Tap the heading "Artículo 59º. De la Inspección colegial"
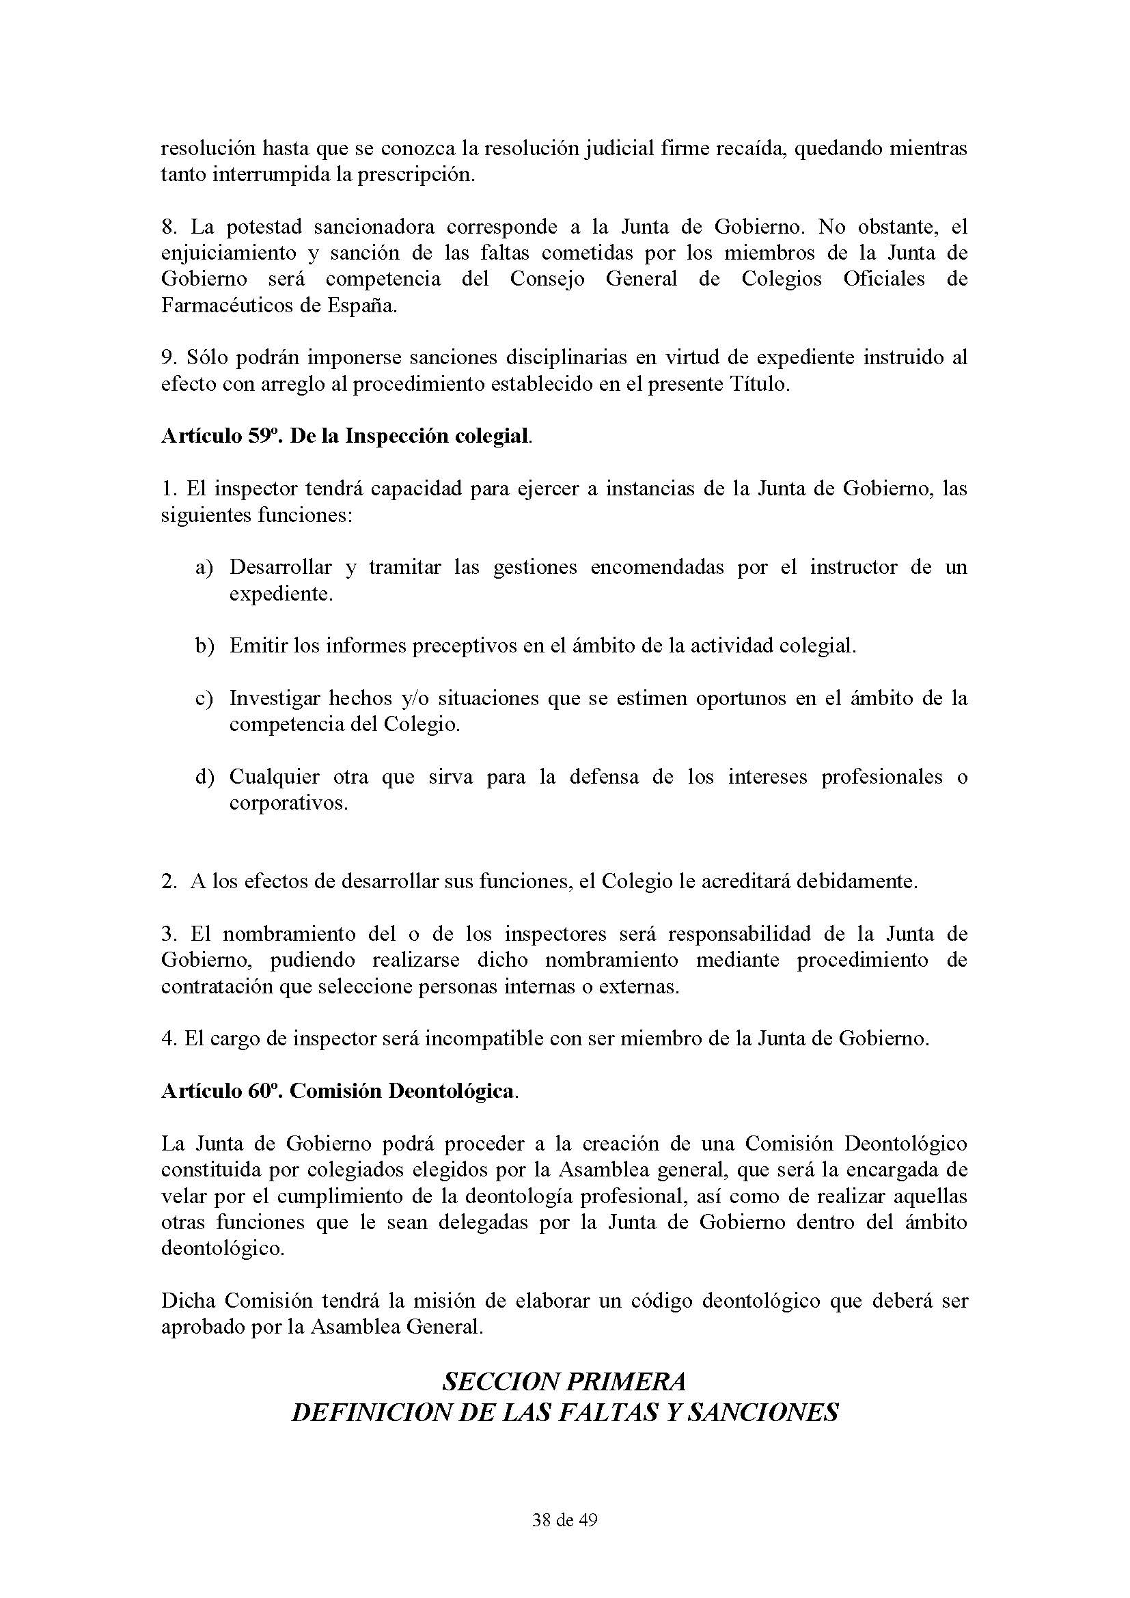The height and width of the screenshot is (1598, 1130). pyautogui.click(x=346, y=436)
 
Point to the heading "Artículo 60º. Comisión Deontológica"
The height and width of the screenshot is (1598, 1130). pyautogui.click(x=339, y=1090)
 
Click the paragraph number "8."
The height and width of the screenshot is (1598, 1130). pyautogui.click(x=170, y=227)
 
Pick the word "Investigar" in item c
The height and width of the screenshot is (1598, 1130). pyautogui.click(x=273, y=698)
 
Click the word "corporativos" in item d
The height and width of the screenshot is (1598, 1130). pyautogui.click(x=288, y=803)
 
